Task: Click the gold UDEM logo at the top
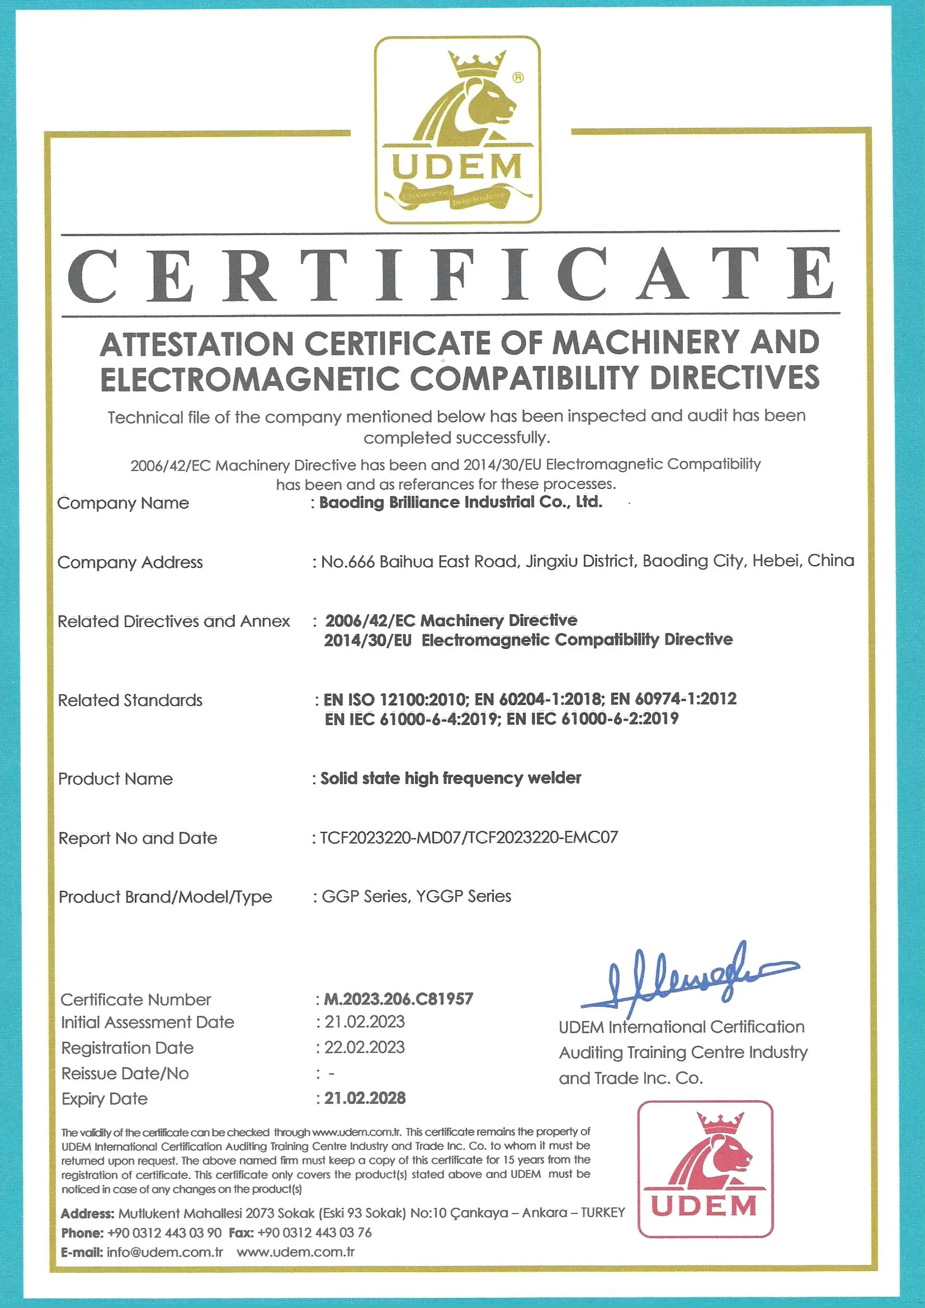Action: tap(457, 130)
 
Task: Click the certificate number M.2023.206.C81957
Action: tap(398, 999)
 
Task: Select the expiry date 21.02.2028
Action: tap(365, 1098)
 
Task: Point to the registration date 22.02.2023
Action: tap(365, 1047)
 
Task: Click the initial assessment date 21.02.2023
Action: tap(365, 1022)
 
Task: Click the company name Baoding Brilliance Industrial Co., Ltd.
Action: tap(460, 502)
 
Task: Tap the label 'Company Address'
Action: tap(130, 563)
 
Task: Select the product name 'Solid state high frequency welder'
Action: tap(451, 778)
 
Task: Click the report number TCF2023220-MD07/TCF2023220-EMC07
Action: tap(469, 838)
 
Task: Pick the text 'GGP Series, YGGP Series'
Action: tap(417, 897)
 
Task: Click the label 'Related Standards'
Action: tap(130, 700)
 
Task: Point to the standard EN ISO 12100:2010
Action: tap(397, 699)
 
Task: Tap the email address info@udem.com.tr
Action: tap(164, 1252)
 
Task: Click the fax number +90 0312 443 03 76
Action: tap(314, 1233)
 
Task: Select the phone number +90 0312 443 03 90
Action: tap(164, 1233)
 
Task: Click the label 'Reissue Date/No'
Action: tap(125, 1074)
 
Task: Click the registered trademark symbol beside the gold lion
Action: tap(518, 77)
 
